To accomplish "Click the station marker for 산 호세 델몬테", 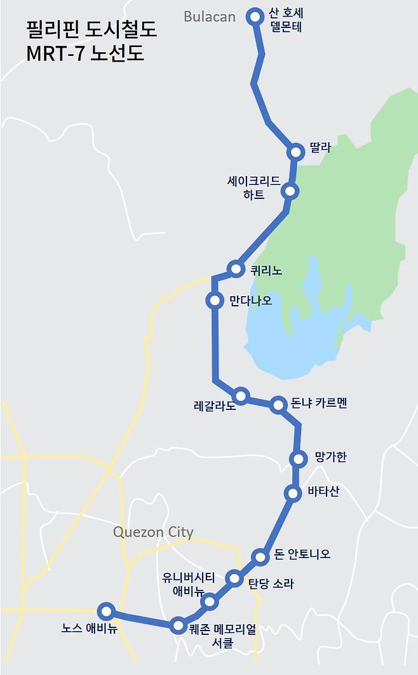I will (255, 17).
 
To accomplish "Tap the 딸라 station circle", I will (295, 152).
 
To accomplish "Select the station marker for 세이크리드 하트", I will (290, 191).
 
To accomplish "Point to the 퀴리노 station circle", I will (236, 269).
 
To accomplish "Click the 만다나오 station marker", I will (215, 300).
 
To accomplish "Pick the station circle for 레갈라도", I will (240, 395).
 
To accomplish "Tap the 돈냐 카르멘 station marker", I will (278, 404).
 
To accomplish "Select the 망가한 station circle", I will (297, 458).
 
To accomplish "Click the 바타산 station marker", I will (292, 493).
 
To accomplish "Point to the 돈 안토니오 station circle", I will (260, 557).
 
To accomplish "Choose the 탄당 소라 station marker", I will (234, 578).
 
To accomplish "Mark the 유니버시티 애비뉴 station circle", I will (209, 601).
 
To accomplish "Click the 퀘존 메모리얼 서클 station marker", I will (179, 625).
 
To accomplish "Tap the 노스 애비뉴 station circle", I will (106, 611).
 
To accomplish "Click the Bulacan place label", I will (209, 17).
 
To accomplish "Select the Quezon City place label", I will (153, 532).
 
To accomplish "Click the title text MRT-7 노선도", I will (85, 53).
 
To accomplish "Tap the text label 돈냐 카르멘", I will (319, 403).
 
